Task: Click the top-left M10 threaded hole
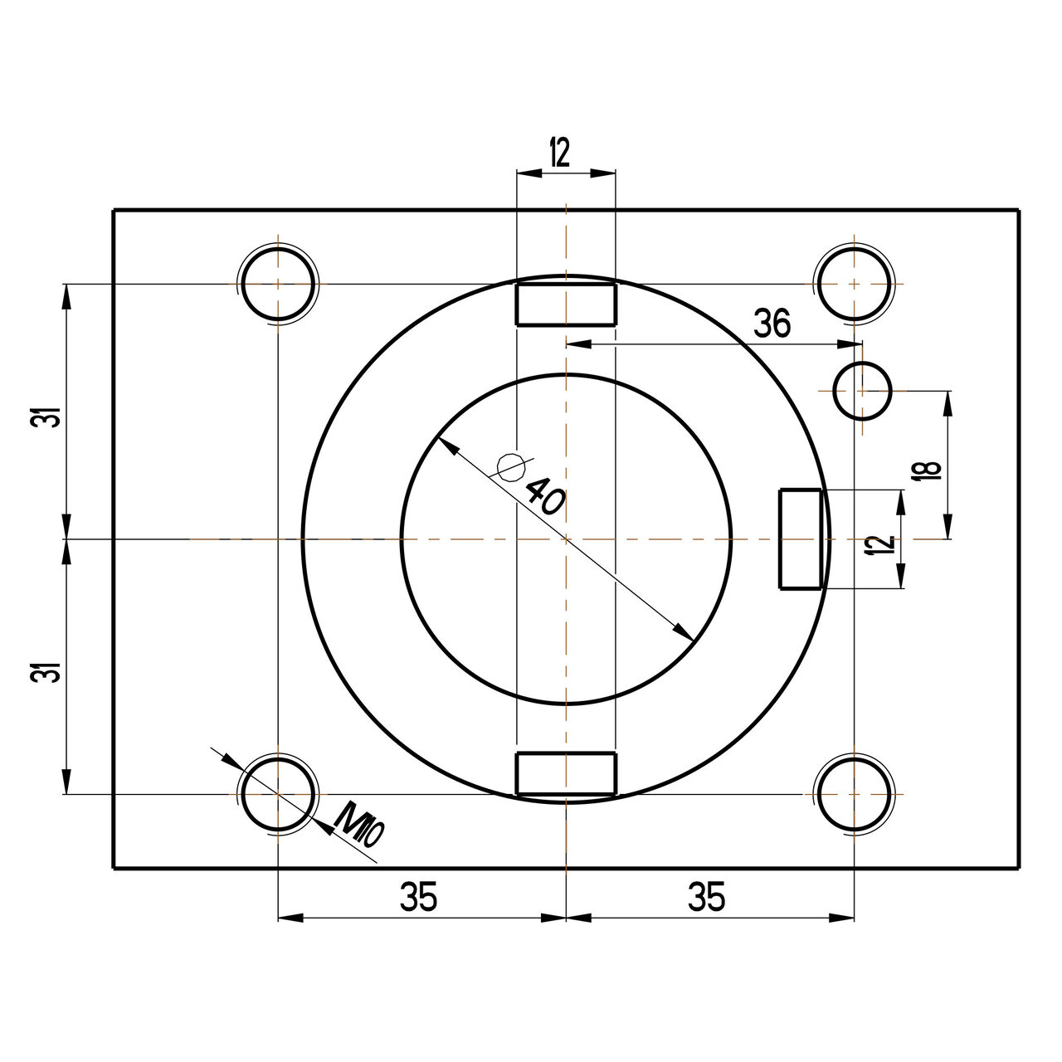pyautogui.click(x=279, y=284)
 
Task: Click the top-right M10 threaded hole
pyautogui.click(x=855, y=284)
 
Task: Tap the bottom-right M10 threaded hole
pyautogui.click(x=855, y=794)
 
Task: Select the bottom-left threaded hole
pyautogui.click(x=279, y=794)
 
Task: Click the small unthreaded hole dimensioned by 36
pyautogui.click(x=862, y=390)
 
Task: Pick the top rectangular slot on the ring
pyautogui.click(x=566, y=304)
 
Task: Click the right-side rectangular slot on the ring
pyautogui.click(x=800, y=539)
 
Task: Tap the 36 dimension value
pyautogui.click(x=772, y=324)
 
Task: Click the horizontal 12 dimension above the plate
pyautogui.click(x=560, y=153)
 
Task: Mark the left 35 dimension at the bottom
pyautogui.click(x=419, y=898)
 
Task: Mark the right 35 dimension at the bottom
pyautogui.click(x=707, y=898)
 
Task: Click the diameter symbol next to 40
pyautogui.click(x=509, y=467)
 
